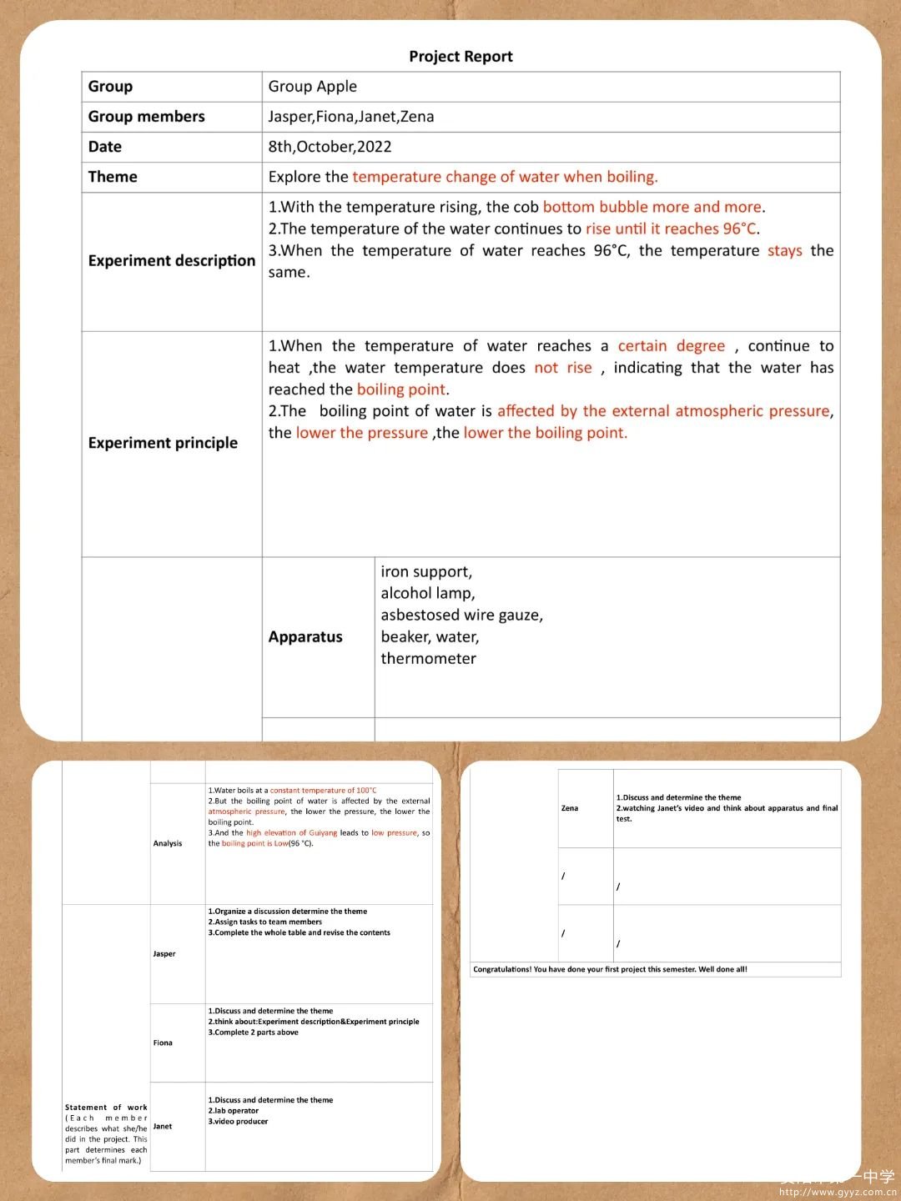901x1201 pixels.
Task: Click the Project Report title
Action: tap(461, 57)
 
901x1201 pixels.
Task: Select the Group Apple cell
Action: tap(312, 87)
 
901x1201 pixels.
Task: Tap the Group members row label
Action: tap(146, 117)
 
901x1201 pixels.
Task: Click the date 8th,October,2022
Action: tap(330, 147)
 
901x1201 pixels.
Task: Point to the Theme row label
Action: tap(113, 177)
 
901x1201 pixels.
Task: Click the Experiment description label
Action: tap(171, 261)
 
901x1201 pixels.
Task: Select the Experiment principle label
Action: tap(163, 443)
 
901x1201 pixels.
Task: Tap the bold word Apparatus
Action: tap(305, 637)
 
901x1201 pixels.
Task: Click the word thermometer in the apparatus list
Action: tap(428, 659)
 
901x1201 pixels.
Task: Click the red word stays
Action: tap(784, 251)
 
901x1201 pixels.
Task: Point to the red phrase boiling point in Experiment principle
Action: tap(401, 389)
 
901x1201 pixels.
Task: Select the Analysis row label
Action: tap(168, 844)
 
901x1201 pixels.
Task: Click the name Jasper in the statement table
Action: tap(164, 954)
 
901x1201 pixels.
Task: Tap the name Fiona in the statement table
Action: tap(163, 1043)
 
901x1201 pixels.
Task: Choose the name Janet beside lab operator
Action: tap(163, 1127)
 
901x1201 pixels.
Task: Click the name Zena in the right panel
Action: tap(570, 808)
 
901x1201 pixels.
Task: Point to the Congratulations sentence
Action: tap(610, 970)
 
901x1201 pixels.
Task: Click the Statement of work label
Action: tap(106, 1108)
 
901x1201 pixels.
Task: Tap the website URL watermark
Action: tap(837, 1193)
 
